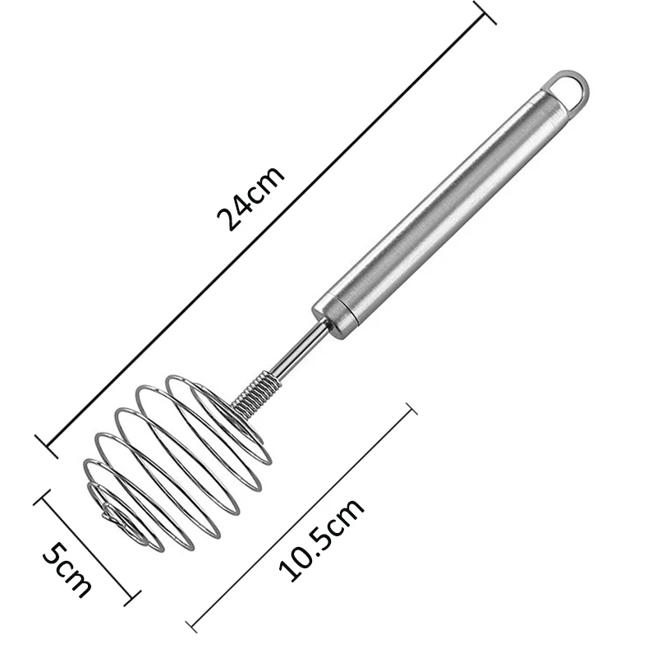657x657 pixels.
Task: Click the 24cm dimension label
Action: [x=250, y=198]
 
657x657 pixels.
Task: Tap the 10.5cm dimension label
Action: [x=320, y=541]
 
